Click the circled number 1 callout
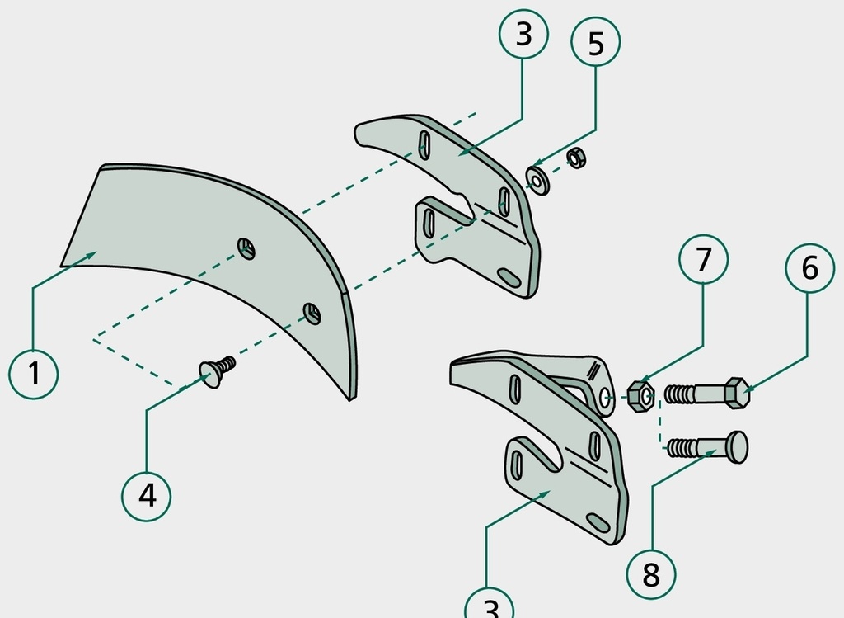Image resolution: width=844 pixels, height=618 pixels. pyautogui.click(x=33, y=375)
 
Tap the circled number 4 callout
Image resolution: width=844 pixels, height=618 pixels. pyautogui.click(x=147, y=496)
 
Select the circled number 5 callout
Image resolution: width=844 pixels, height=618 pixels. pyautogui.click(x=595, y=42)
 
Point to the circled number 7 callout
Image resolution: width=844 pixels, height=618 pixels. pyautogui.click(x=704, y=259)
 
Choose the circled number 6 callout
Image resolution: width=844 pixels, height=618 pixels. pyautogui.click(x=809, y=268)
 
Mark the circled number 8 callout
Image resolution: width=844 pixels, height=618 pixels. pyautogui.click(x=651, y=574)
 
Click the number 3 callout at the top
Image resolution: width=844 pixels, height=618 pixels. pyautogui.click(x=523, y=33)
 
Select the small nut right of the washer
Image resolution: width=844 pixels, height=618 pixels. pyautogui.click(x=576, y=158)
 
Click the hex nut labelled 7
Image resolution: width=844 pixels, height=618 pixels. pyautogui.click(x=641, y=397)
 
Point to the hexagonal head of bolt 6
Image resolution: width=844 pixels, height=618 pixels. pyautogui.click(x=737, y=393)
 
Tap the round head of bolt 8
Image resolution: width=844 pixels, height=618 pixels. pyautogui.click(x=737, y=446)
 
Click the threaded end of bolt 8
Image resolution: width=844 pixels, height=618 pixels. pyautogui.click(x=681, y=448)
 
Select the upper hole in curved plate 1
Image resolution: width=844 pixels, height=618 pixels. pyautogui.click(x=246, y=248)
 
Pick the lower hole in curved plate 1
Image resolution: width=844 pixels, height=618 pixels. pyautogui.click(x=312, y=314)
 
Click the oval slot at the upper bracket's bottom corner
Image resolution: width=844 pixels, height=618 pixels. pyautogui.click(x=509, y=278)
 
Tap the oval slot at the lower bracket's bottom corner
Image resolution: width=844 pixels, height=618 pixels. pyautogui.click(x=598, y=523)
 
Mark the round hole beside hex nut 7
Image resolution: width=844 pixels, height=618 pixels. pyautogui.click(x=606, y=398)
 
